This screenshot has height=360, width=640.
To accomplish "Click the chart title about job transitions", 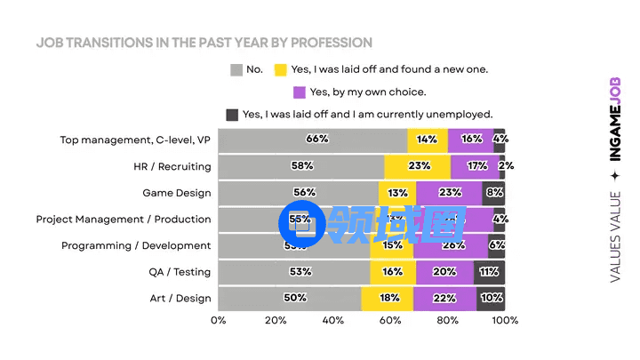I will pyautogui.click(x=204, y=43).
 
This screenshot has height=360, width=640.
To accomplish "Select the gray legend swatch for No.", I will pyautogui.click(x=236, y=69).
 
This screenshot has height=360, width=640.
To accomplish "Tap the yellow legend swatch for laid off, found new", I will pyautogui.click(x=281, y=69).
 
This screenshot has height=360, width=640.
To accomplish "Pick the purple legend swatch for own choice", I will pyautogui.click(x=300, y=92).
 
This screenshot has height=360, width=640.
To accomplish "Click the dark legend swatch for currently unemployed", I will pyautogui.click(x=233, y=114).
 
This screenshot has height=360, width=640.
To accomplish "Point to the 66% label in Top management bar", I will pyautogui.click(x=317, y=140).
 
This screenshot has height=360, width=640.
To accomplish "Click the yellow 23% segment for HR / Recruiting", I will pyautogui.click(x=418, y=166).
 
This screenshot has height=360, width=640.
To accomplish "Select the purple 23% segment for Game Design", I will pyautogui.click(x=449, y=193).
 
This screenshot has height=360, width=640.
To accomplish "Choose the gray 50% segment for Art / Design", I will pyautogui.click(x=291, y=299).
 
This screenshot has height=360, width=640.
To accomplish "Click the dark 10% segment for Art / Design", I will pyautogui.click(x=491, y=299).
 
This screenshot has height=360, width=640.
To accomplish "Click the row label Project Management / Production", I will pyautogui.click(x=124, y=219).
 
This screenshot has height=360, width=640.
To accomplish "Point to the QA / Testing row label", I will pyautogui.click(x=180, y=272).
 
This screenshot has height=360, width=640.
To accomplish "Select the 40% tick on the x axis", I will pyautogui.click(x=333, y=321).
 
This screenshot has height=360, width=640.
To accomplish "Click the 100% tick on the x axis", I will pyautogui.click(x=505, y=321).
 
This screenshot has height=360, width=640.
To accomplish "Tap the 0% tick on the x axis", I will pyautogui.click(x=219, y=321).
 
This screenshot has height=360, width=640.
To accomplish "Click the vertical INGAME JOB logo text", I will pyautogui.click(x=615, y=119).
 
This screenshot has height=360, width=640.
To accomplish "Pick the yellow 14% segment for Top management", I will pyautogui.click(x=428, y=140).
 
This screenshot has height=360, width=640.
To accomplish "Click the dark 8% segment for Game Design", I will pyautogui.click(x=494, y=193).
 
